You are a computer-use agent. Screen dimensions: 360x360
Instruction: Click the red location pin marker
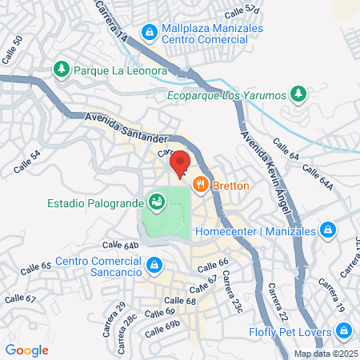(181, 163)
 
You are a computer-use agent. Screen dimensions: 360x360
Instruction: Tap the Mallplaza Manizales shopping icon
(148, 32)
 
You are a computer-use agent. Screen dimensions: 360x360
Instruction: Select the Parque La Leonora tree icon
(62, 70)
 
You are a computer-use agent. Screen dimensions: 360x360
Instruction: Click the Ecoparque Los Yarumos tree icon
(298, 94)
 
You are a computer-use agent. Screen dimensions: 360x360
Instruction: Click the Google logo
(26, 350)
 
